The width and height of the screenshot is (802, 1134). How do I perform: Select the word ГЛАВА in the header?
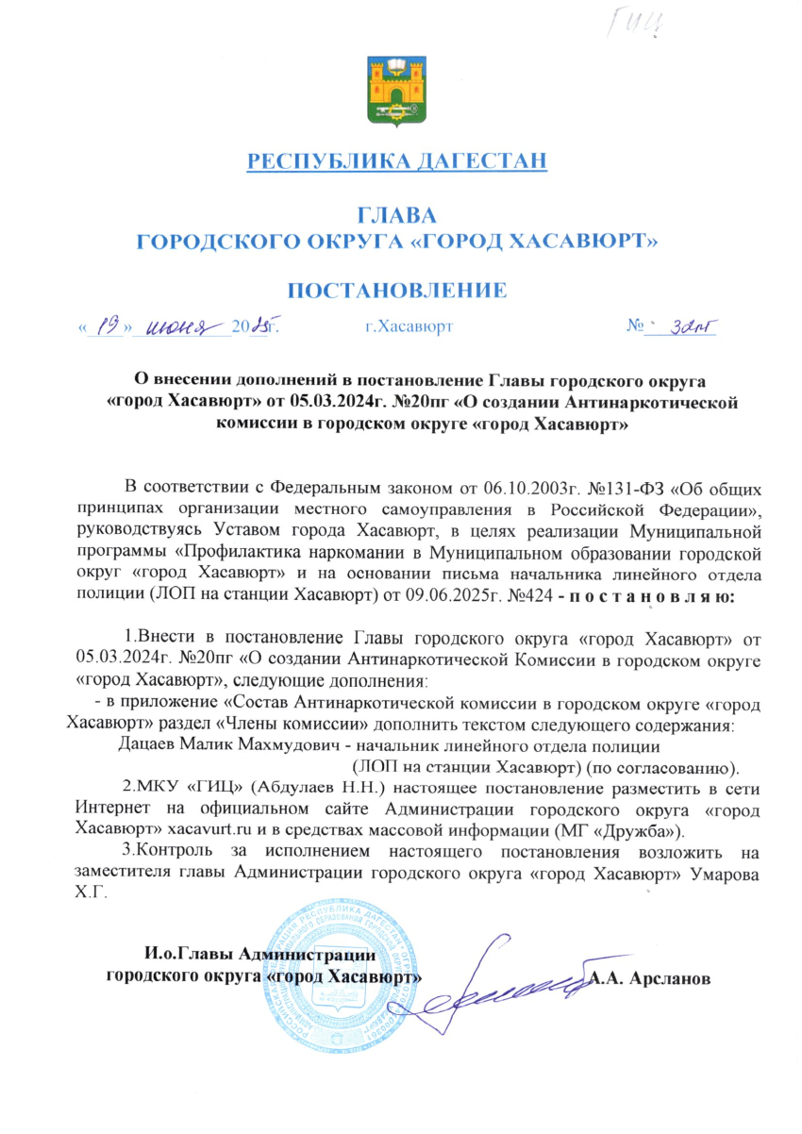pos(396,214)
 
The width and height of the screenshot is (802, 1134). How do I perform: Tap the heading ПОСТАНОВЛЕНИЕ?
pos(396,290)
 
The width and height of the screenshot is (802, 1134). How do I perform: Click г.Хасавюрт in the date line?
pos(409,327)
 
